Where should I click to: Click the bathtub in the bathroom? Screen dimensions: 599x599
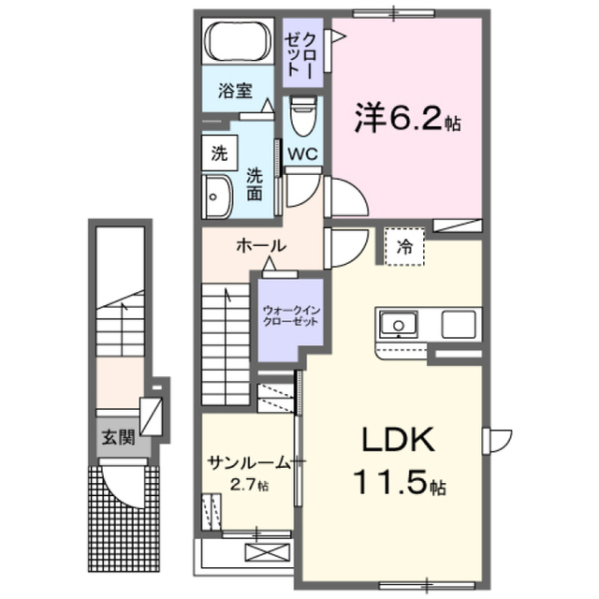[238, 41]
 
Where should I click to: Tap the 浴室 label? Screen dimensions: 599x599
[235, 91]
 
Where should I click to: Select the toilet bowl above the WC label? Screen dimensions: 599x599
[303, 115]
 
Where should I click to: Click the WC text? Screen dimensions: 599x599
[302, 153]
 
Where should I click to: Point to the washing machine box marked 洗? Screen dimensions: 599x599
[220, 153]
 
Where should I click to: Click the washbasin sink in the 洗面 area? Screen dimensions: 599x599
[217, 197]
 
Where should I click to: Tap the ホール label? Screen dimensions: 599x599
[261, 246]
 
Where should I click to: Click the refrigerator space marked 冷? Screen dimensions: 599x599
[404, 247]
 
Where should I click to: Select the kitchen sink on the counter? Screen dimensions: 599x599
[399, 325]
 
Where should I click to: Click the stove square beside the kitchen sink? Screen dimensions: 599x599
[459, 325]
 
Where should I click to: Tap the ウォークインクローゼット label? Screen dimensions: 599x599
[291, 315]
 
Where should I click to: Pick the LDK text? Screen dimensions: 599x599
[398, 439]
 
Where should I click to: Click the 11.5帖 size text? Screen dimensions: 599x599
[400, 481]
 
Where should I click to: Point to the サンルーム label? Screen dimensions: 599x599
[249, 463]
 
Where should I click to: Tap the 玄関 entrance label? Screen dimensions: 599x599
[119, 437]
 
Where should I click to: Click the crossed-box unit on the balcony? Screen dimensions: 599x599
[268, 552]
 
